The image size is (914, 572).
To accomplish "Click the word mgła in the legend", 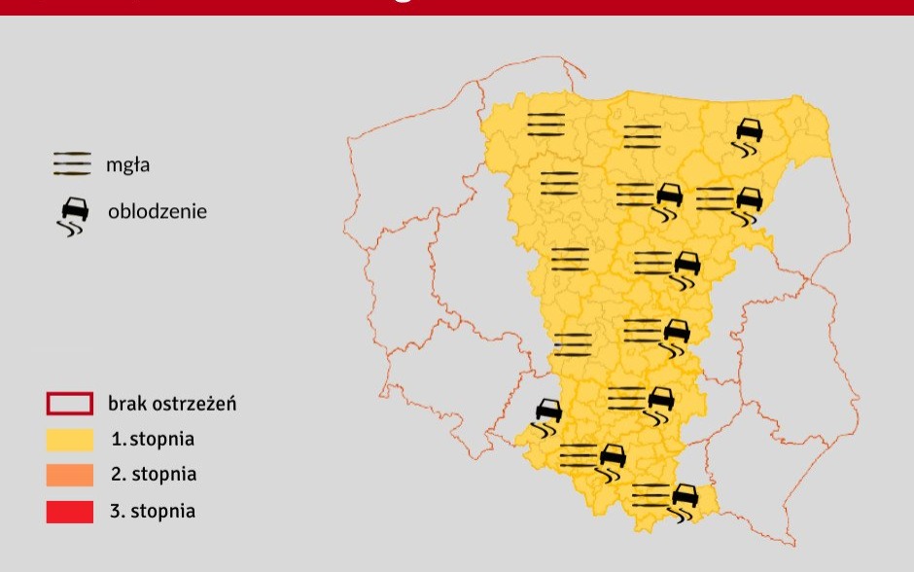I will [127, 165].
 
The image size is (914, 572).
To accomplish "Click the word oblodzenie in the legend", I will [157, 210].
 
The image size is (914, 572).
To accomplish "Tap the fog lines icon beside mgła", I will [72, 164].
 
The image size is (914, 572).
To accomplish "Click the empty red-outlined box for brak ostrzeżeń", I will [70, 403].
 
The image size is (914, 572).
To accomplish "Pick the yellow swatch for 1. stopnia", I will [70, 439].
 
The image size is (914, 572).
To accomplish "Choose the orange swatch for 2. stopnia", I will [70, 475].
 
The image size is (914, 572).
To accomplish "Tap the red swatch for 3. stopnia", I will [70, 511].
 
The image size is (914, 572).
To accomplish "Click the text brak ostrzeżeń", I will [173, 403].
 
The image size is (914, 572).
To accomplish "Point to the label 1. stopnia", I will [153, 439].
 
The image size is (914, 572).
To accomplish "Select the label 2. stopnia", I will [154, 475].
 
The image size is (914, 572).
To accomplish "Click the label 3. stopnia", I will [153, 511].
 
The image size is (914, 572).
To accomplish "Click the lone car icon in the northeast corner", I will [749, 136].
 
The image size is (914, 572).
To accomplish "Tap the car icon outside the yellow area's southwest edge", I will [547, 416].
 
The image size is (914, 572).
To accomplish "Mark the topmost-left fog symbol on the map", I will [545, 124].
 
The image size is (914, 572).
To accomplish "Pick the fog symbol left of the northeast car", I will [642, 136].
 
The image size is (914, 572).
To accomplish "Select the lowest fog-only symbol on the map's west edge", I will [573, 344].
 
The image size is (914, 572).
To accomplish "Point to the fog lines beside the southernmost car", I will [650, 495].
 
